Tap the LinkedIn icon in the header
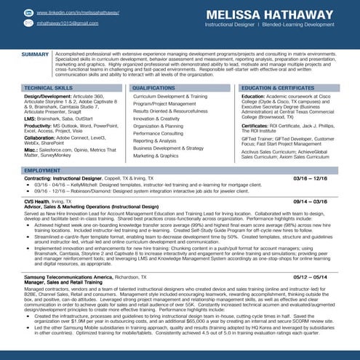tap(28, 13)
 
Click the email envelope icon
tap(28, 24)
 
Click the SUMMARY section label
tap(35, 55)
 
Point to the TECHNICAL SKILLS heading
tap(48, 87)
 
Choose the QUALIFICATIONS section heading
tap(154, 87)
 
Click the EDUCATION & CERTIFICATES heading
tap(278, 87)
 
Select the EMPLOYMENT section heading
tap(42, 170)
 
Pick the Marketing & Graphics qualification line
tap(155, 156)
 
